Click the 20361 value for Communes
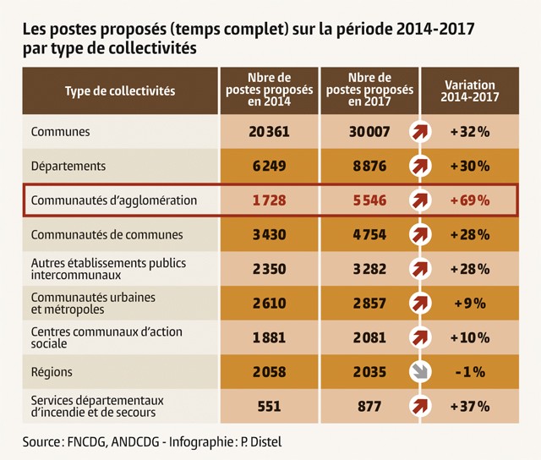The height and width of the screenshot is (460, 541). (x=269, y=132)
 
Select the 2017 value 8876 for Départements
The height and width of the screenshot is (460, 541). (x=369, y=167)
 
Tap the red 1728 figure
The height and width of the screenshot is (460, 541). (x=269, y=200)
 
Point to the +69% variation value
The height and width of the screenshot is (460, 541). (x=471, y=200)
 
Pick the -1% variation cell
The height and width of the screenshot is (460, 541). (x=471, y=372)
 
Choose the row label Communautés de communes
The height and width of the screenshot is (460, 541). (x=107, y=234)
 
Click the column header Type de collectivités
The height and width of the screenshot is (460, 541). (x=119, y=90)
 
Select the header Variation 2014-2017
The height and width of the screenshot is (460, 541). (x=470, y=90)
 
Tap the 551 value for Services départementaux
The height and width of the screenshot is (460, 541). (x=269, y=406)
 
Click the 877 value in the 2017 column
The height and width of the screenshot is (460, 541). (x=369, y=406)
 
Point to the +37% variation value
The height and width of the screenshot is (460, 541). (x=471, y=406)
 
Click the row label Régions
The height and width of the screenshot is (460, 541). (x=52, y=372)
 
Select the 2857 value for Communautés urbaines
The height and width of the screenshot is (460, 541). (x=369, y=304)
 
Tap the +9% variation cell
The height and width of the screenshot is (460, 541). (x=471, y=304)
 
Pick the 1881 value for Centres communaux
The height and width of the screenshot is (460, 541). (x=269, y=338)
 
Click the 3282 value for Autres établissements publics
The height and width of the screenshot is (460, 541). (x=369, y=269)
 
